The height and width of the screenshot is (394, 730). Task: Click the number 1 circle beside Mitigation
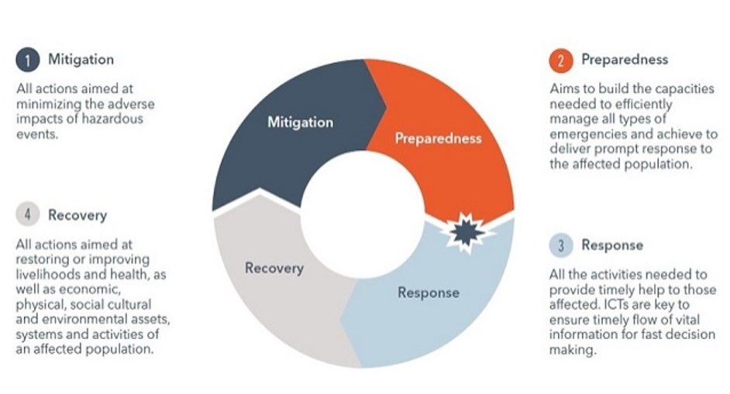tap(27, 60)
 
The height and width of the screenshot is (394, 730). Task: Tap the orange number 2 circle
tap(561, 60)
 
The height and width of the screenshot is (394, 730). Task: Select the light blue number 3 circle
tap(561, 245)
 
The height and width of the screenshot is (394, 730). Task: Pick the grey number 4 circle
tap(27, 214)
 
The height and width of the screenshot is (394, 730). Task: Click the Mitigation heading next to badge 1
tap(81, 60)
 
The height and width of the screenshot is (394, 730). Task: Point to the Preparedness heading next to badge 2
tap(625, 60)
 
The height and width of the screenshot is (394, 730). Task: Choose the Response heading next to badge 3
tap(612, 245)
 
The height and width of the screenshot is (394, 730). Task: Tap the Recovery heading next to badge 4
tap(77, 215)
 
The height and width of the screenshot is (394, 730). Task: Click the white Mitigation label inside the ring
tap(300, 122)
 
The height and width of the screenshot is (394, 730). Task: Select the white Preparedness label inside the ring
tap(438, 138)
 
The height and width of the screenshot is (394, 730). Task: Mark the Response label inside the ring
tap(429, 293)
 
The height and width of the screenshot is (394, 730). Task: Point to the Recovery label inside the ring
tap(274, 268)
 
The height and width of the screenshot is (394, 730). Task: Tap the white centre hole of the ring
tap(362, 214)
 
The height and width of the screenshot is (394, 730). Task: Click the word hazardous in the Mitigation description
tap(112, 118)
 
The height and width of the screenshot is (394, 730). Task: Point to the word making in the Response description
tap(572, 350)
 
